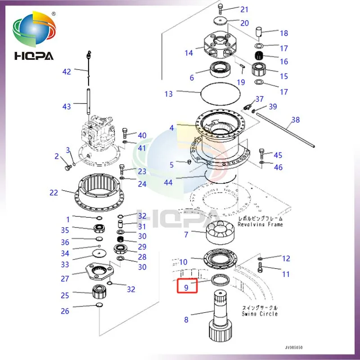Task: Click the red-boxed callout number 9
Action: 186,285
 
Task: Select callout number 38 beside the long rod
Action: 295,120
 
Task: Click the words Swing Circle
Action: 260,314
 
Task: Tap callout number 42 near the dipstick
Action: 67,72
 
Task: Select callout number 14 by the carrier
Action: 188,53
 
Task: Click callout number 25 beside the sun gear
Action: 65,295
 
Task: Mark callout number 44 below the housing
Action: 168,183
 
